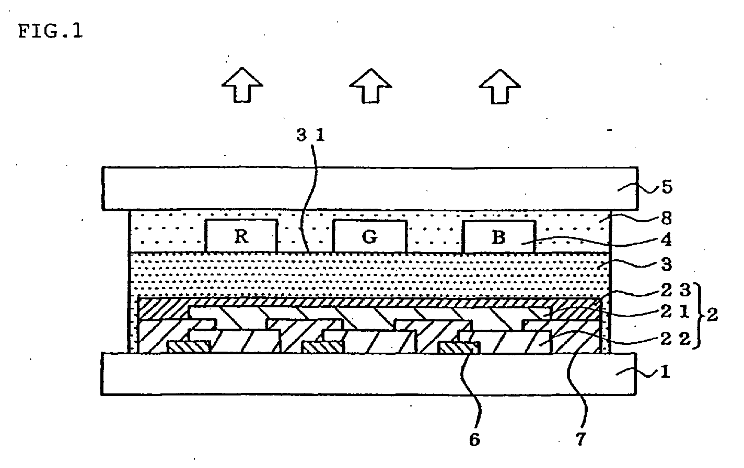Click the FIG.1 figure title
(x=50, y=32)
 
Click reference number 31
(x=311, y=136)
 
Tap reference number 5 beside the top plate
(x=667, y=187)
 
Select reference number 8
(x=667, y=218)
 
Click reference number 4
(x=667, y=241)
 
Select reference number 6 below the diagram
(x=473, y=440)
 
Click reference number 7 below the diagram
(x=580, y=440)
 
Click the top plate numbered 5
(x=370, y=188)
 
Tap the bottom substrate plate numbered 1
(x=369, y=374)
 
